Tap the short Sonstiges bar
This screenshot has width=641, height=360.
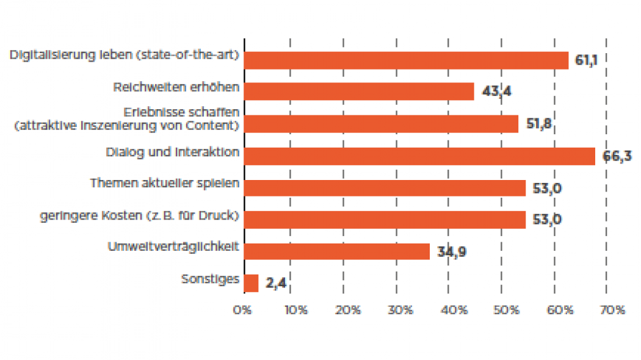(251, 283)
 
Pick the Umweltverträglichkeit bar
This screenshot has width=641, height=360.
(336, 251)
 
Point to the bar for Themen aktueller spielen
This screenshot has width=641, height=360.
(385, 188)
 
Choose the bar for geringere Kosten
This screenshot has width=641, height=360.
(385, 220)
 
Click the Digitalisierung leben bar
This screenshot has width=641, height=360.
(406, 60)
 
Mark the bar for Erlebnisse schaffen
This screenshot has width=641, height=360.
(381, 124)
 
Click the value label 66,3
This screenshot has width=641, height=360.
(617, 156)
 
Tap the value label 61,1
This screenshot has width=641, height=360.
(586, 60)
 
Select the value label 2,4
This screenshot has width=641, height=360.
(276, 284)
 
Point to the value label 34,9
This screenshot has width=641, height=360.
(452, 251)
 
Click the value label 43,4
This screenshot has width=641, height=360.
(497, 92)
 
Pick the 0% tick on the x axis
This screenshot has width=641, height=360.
(243, 310)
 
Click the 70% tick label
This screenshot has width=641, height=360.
(612, 310)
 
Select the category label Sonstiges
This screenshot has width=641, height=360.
(210, 279)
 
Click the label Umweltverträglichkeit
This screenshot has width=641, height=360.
(173, 247)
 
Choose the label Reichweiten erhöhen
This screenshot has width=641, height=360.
(176, 87)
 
